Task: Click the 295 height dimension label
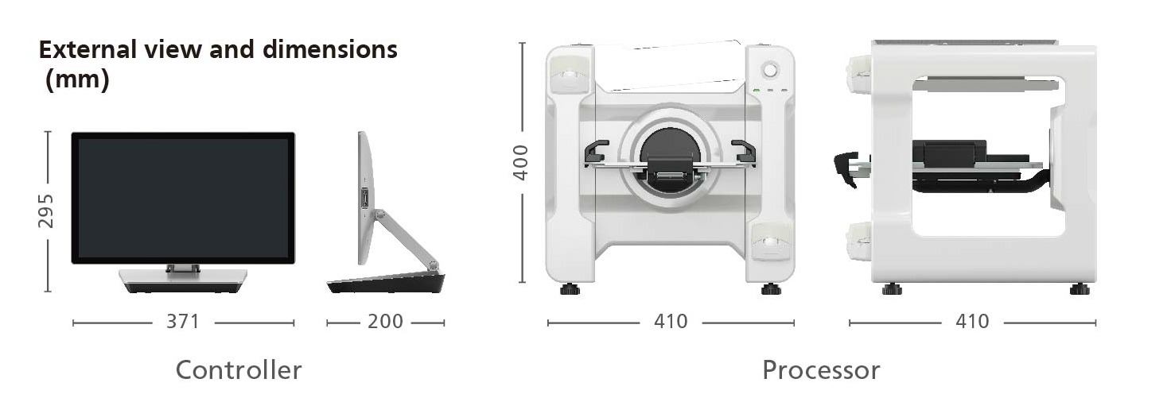tap(46, 211)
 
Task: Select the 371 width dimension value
tap(183, 322)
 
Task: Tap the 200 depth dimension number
tap(385, 322)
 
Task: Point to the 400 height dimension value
tap(521, 163)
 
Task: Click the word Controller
tap(239, 370)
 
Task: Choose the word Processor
tap(821, 370)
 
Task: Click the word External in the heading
tap(88, 49)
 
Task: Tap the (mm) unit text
tap(77, 80)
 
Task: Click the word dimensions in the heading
tap(330, 49)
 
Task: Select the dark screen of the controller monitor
tap(183, 198)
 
